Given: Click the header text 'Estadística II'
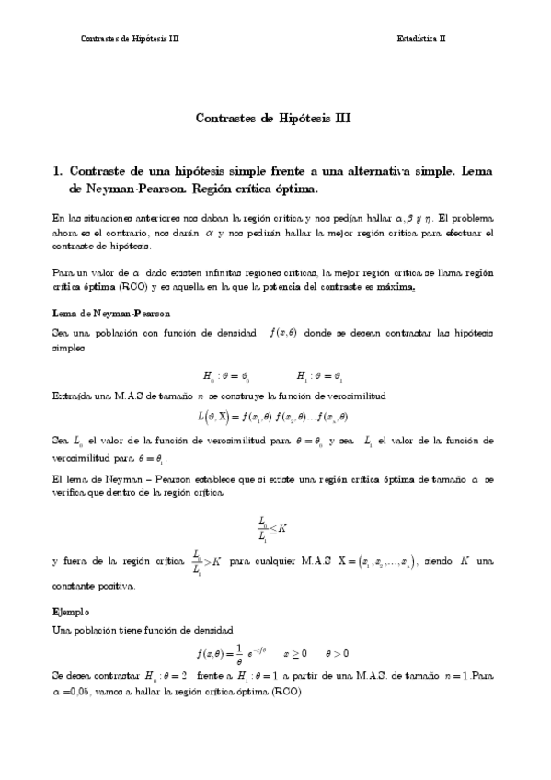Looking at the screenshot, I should point(421,39).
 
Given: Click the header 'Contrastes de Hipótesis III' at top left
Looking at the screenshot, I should point(131,39).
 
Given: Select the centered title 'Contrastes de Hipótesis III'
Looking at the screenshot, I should point(274,118).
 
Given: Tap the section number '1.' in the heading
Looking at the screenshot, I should point(59,171).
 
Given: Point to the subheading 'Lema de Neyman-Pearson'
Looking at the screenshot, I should point(110,314).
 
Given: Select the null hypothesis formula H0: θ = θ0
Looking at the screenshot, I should point(227,375).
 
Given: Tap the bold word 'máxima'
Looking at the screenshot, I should point(396,287).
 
